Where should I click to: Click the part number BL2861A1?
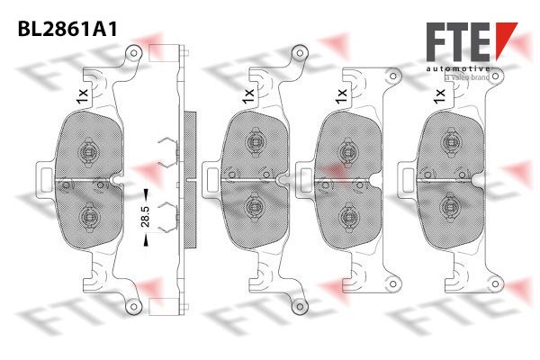point(67,29)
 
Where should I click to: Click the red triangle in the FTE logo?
point(506,37)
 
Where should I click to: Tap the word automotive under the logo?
point(458,68)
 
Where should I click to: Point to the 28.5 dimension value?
point(145,216)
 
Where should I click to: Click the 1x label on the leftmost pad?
point(83,96)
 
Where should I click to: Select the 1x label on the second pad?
point(248,96)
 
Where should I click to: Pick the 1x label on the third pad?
point(342,96)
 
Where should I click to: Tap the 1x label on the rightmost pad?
point(440,96)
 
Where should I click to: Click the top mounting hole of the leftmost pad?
point(135,53)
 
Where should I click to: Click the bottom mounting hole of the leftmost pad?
point(135,306)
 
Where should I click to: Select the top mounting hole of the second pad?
point(300,53)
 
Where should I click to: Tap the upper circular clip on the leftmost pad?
point(89,151)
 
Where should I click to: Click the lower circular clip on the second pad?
point(254,206)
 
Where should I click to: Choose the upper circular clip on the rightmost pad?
point(450,141)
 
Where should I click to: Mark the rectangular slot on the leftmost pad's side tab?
point(46,179)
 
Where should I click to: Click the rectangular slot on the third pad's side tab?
point(305,179)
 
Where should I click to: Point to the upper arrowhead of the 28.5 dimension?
point(146,193)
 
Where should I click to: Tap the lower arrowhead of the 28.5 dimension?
point(146,240)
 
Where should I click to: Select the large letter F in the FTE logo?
point(436,41)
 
